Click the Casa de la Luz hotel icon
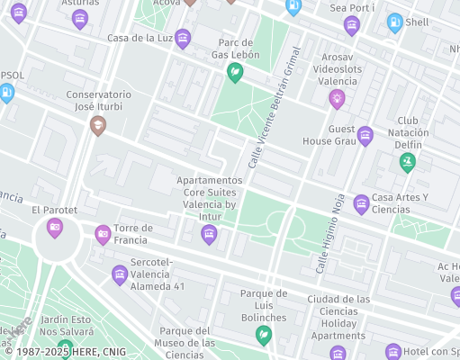pyautogui.click(x=183, y=38)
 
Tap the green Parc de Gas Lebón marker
pyautogui.click(x=235, y=73)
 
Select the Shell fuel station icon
pyautogui.click(x=394, y=22)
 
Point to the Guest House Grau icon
pyautogui.click(x=365, y=136)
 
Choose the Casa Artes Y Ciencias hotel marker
pyautogui.click(x=361, y=203)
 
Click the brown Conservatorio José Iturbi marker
pyautogui.click(x=98, y=125)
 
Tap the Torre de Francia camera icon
pyautogui.click(x=103, y=234)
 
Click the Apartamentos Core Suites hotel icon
pyautogui.click(x=209, y=235)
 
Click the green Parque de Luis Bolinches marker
pyautogui.click(x=264, y=335)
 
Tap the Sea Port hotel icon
pyautogui.click(x=351, y=24)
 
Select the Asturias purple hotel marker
pyautogui.click(x=80, y=19)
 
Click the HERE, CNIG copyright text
pyautogui.click(x=63, y=353)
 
